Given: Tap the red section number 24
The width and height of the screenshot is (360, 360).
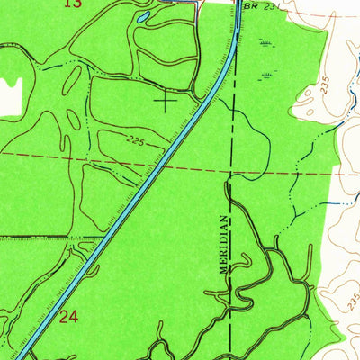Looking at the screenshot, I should tap(68, 317).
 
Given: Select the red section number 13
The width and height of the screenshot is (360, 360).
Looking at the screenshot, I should tap(74, 4).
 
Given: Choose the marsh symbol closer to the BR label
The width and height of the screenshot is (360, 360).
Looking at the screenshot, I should tap(264, 42).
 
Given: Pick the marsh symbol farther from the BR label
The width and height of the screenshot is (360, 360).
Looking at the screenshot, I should tap(265, 74).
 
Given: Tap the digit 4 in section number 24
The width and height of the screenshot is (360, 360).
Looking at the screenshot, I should tap(74, 317).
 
